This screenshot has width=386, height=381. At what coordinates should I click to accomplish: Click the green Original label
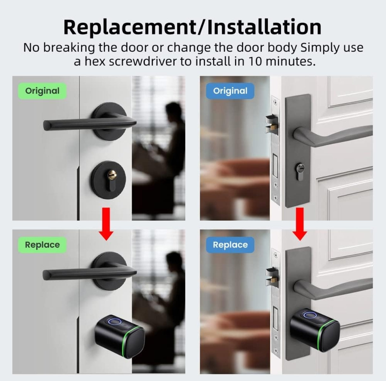[x=42, y=91]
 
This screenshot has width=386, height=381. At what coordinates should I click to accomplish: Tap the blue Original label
[x=230, y=91]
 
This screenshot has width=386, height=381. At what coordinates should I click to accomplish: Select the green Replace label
[x=42, y=245]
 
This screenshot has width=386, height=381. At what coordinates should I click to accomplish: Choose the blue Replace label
[x=230, y=245]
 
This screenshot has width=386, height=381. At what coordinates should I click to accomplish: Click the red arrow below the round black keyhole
[x=106, y=224]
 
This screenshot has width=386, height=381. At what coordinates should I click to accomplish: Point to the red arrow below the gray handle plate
[x=300, y=224]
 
